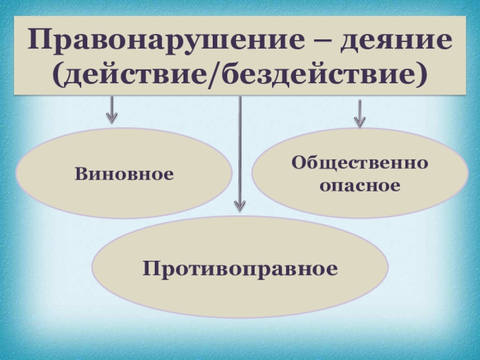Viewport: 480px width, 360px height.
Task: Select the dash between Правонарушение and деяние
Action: [323, 42]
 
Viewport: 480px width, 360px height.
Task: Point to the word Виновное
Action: [124, 174]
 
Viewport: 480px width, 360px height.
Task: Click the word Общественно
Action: [360, 163]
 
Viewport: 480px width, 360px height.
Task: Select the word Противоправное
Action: [240, 267]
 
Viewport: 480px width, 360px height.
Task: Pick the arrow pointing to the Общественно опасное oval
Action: [360, 113]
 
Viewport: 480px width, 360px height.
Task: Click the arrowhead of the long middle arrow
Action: [240, 206]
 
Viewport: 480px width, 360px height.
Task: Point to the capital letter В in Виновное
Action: [80, 174]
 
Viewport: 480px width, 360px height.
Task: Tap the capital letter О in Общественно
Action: [298, 163]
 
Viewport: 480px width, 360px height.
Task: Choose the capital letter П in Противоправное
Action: [150, 267]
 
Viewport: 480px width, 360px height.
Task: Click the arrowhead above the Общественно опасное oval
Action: [360, 122]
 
